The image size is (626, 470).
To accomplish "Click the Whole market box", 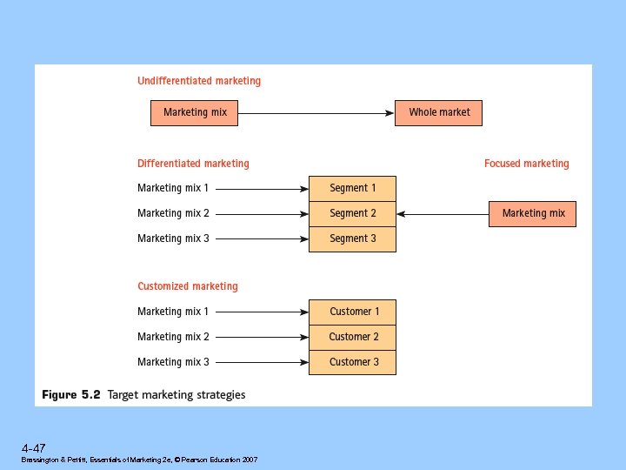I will point(438,112).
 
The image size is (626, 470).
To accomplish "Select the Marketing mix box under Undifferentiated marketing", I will point(195,112).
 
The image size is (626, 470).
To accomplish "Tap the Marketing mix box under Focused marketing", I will point(532,213).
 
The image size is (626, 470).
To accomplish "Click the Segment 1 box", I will point(352,188).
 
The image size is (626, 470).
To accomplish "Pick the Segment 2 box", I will point(352,213).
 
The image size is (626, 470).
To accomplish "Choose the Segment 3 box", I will point(352,238).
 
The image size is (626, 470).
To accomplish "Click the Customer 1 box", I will point(352,312).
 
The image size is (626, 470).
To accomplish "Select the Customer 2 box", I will point(352,337).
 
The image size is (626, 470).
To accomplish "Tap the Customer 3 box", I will point(352,362).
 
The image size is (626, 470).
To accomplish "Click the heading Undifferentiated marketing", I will point(199,81).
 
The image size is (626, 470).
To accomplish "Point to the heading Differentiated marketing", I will point(193,164).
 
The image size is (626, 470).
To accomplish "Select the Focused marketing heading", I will point(526,164).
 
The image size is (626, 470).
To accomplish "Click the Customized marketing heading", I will point(187,286).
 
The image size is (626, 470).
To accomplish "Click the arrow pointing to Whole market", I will point(316,112).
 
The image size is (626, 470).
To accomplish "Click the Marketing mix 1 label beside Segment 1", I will point(173,188).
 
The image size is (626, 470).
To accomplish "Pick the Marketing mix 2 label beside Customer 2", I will point(173,337).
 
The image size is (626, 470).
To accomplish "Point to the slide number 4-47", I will point(34,447).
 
